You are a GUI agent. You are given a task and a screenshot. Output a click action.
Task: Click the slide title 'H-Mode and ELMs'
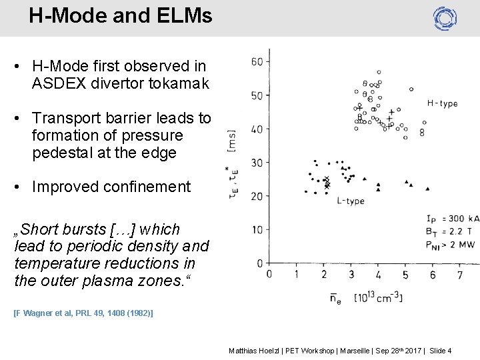click(120, 15)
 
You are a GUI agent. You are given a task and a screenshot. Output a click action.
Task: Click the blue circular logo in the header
click(445, 18)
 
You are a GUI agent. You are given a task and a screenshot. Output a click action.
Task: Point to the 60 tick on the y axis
click(256, 62)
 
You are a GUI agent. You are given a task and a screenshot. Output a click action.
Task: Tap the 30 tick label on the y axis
click(256, 163)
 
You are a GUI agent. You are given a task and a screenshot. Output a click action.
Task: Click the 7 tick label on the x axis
click(459, 275)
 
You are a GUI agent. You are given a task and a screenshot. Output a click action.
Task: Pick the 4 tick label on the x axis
click(378, 275)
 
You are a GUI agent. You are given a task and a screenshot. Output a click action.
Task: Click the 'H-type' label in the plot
click(442, 103)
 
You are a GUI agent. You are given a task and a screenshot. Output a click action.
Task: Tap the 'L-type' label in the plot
click(350, 201)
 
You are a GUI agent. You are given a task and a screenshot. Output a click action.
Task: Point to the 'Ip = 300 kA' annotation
click(452, 219)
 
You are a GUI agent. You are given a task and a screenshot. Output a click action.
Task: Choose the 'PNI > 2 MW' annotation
click(452, 244)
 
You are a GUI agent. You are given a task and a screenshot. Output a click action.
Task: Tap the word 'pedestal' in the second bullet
click(62, 153)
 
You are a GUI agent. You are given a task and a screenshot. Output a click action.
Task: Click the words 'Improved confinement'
click(111, 187)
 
